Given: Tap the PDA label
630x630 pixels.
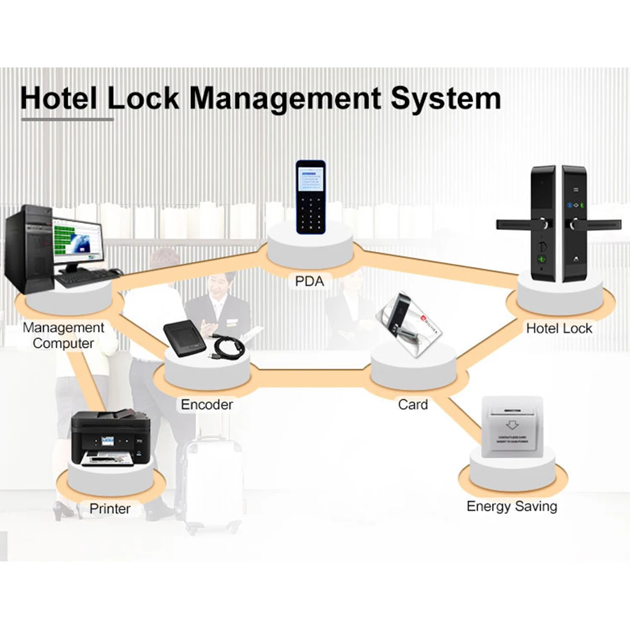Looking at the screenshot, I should pos(309,281).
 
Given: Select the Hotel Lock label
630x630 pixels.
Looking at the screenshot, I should pos(559,328).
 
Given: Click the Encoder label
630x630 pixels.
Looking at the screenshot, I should pos(207,404).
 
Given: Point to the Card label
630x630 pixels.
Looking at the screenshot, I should pos(413,404).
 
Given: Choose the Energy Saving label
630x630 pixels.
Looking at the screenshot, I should pos(512,507).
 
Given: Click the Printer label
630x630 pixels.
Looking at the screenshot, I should pos(110,508).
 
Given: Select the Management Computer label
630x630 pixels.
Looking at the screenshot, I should pos(63,336).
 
